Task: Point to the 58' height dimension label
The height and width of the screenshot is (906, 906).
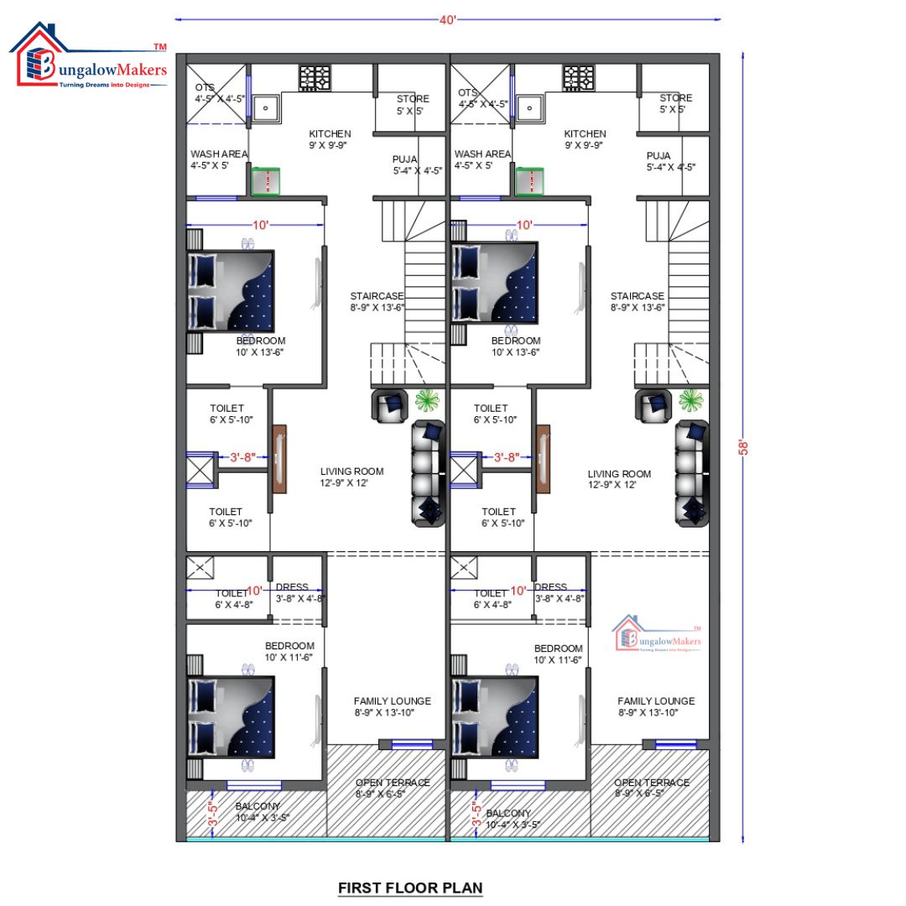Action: coord(742,447)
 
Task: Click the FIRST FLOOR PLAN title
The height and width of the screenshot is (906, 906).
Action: coord(410,887)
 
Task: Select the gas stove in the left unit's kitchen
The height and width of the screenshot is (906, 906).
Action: coord(317,78)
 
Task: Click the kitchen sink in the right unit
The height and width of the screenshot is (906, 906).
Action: coord(529,107)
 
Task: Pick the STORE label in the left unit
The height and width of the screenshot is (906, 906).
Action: coord(412,99)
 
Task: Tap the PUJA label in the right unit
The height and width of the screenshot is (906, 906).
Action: coord(659,156)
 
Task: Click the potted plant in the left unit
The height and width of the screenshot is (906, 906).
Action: coord(428,401)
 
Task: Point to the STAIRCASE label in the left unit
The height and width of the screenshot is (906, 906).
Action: coord(377,296)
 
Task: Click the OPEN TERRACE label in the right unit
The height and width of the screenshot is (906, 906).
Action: coord(652,783)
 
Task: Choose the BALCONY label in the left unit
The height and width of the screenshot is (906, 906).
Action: coord(258,806)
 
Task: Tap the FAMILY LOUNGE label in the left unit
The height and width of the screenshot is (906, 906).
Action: coord(392,700)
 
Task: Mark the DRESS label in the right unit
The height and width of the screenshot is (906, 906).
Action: coord(550,587)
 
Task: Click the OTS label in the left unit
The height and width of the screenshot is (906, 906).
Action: coord(205,87)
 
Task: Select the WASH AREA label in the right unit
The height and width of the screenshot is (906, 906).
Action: coord(482,154)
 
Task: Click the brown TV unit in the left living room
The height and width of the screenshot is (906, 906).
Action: coord(279,459)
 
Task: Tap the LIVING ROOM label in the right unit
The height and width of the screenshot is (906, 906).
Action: coord(619,474)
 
